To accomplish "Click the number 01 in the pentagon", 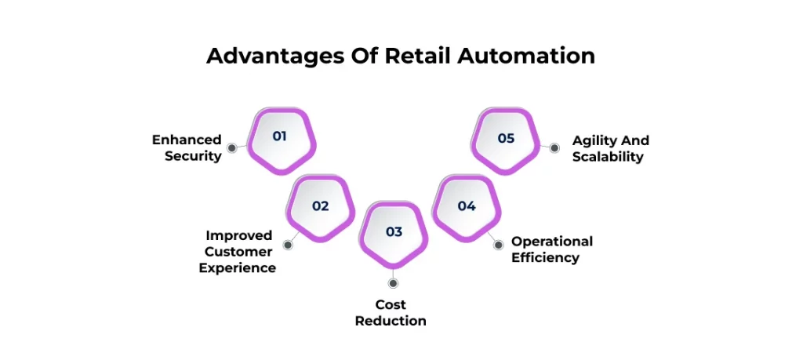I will (280, 136).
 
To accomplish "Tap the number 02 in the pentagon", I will (320, 206).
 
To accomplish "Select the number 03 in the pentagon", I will (394, 232).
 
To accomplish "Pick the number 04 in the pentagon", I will (467, 206).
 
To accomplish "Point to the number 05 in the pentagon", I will (506, 138).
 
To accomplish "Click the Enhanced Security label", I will (187, 147).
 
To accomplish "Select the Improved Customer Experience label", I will (237, 252).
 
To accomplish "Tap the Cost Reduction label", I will (391, 312).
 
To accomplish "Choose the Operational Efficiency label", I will (552, 249).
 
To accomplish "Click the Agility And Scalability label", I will (610, 148).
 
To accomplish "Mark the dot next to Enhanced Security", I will (231, 147).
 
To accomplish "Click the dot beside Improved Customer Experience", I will (288, 245).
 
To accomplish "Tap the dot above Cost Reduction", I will (393, 283).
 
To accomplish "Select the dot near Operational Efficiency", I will (497, 245).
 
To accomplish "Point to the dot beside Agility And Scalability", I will (554, 147).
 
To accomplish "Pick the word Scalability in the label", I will (608, 157).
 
